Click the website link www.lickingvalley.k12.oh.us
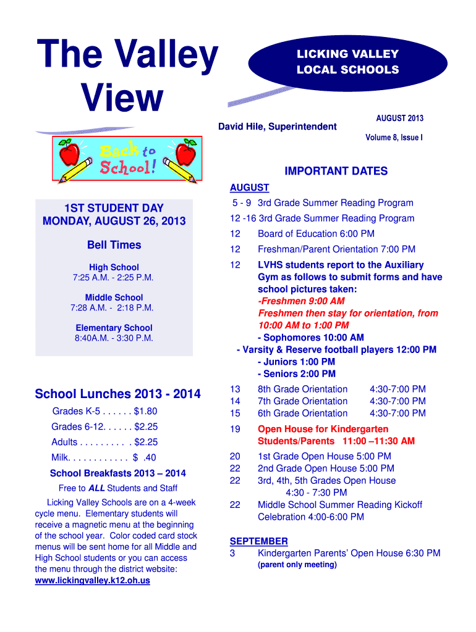pyautogui.click(x=93, y=581)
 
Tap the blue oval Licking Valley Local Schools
pyautogui.click(x=347, y=62)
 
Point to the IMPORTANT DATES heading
pyautogui.click(x=336, y=172)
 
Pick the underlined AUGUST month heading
pyautogui.click(x=249, y=188)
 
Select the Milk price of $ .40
pyautogui.click(x=145, y=457)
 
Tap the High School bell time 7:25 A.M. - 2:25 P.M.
pyautogui.click(x=114, y=278)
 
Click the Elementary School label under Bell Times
pyautogui.click(x=114, y=328)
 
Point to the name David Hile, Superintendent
pyautogui.click(x=278, y=127)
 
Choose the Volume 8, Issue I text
pyautogui.click(x=394, y=138)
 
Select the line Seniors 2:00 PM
pyautogui.click(x=297, y=374)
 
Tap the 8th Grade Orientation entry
pyautogui.click(x=302, y=389)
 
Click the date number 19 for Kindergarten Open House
pyautogui.click(x=235, y=429)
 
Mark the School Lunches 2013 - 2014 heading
pyautogui.click(x=117, y=394)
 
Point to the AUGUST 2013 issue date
pyautogui.click(x=399, y=118)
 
